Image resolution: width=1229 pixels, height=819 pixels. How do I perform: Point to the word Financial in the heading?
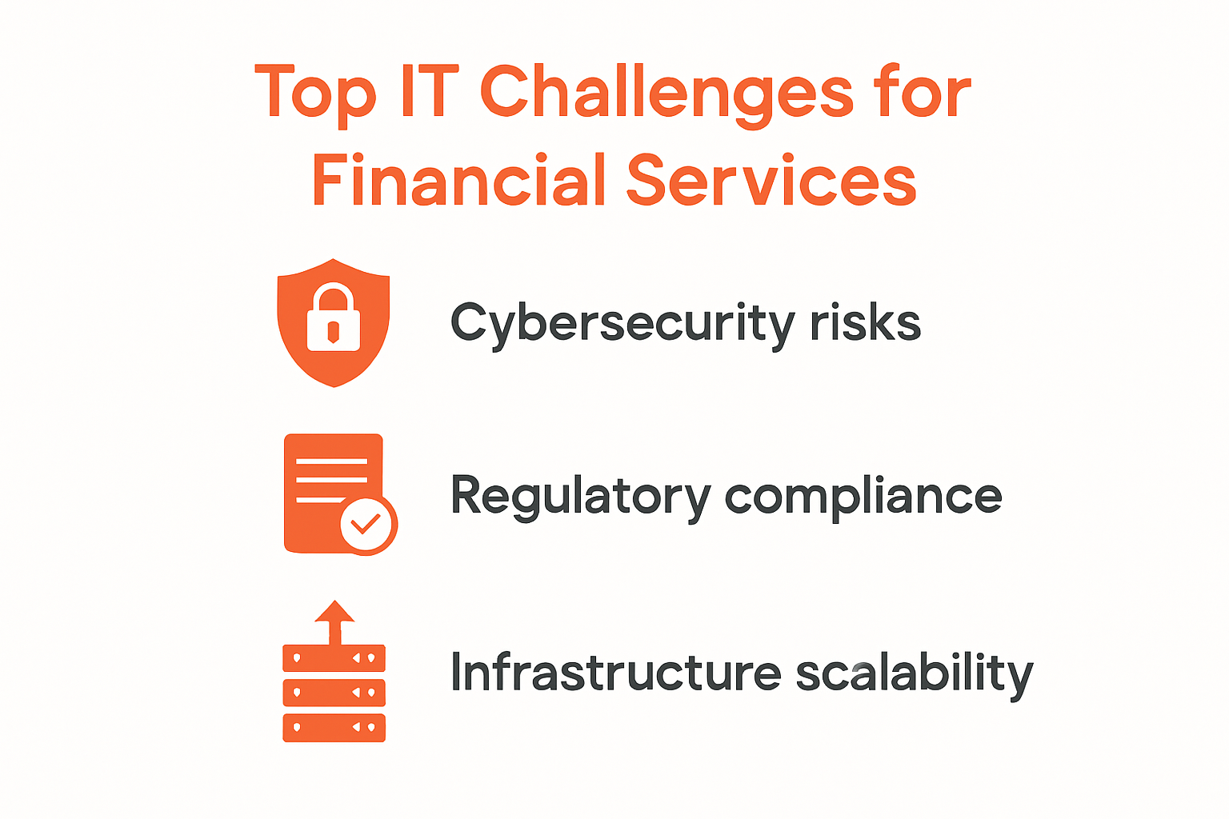(x=458, y=179)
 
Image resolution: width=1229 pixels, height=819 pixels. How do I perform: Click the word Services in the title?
(x=771, y=179)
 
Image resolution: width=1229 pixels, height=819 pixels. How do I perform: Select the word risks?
(x=866, y=322)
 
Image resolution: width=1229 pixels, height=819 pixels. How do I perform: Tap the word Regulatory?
(x=580, y=497)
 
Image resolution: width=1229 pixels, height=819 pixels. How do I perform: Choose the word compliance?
(x=863, y=497)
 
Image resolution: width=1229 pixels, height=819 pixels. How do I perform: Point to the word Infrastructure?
(x=615, y=672)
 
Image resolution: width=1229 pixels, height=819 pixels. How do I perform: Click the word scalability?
(x=915, y=674)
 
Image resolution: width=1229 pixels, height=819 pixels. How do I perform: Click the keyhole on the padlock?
(x=333, y=332)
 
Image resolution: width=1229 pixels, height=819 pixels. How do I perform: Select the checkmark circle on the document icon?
(x=366, y=524)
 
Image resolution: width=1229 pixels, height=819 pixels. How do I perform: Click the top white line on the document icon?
(x=331, y=461)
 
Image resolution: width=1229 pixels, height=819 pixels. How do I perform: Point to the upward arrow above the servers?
(x=334, y=622)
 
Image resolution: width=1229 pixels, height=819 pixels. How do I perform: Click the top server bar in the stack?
(x=334, y=658)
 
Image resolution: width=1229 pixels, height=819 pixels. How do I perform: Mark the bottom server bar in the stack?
(x=334, y=728)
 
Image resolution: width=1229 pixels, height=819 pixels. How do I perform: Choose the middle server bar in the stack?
(x=334, y=693)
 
